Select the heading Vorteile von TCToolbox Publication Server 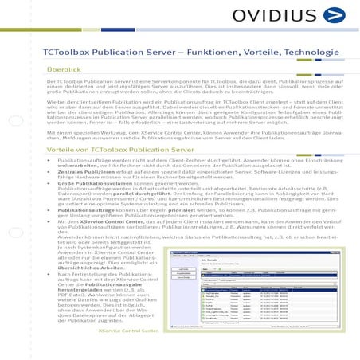point(119,149)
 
